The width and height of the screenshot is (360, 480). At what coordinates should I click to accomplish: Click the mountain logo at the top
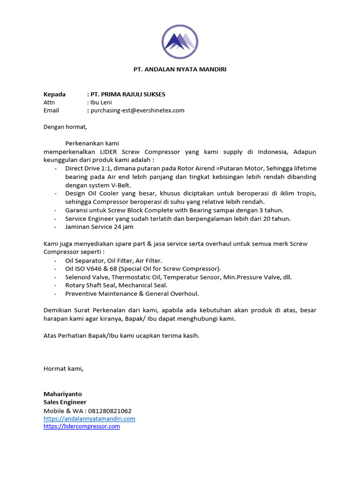point(180,41)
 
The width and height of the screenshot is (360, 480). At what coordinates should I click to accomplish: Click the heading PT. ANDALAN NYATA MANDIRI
point(180,69)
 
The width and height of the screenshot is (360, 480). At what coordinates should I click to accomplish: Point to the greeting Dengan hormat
point(65,127)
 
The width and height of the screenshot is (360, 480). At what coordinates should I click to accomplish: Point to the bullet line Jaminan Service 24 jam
point(99,227)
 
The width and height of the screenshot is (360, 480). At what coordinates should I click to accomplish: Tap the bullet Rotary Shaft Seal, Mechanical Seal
point(116,285)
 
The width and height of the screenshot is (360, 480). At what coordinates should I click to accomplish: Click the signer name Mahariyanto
point(62,394)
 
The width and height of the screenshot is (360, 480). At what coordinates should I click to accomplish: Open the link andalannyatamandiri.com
point(89,419)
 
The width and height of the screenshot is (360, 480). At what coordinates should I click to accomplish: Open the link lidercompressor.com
point(82,427)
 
